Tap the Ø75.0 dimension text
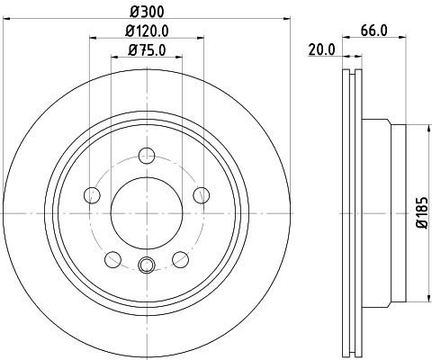[x=148, y=50]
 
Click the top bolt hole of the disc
[x=147, y=160]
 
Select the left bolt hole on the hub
[x=91, y=194]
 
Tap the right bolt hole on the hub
[x=202, y=194]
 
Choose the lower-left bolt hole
[x=112, y=260]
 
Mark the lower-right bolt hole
[x=181, y=260]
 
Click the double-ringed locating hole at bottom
[x=147, y=265]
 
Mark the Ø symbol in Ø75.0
[x=132, y=50]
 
